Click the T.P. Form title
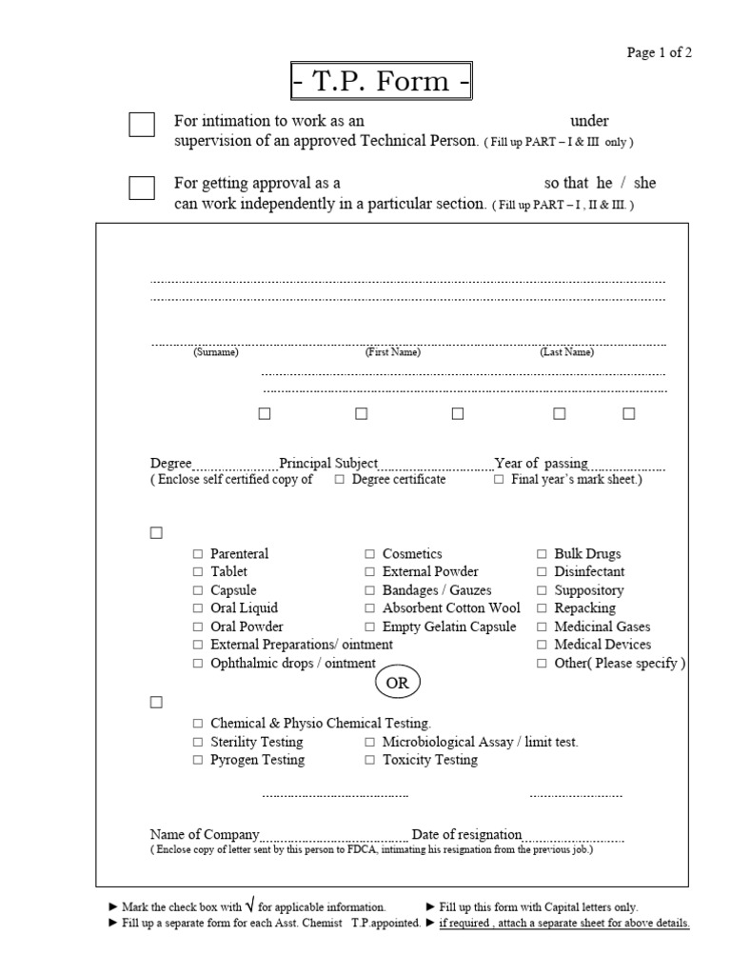(x=381, y=81)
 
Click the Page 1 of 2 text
(x=659, y=52)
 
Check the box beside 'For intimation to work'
(x=142, y=125)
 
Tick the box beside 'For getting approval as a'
(x=142, y=188)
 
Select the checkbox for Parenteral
(x=198, y=554)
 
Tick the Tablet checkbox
(x=198, y=572)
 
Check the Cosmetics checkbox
(x=370, y=554)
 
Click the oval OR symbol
(x=396, y=684)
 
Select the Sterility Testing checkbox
(x=198, y=742)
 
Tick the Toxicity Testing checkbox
(x=370, y=761)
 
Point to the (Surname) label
(x=216, y=352)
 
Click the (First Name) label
(x=393, y=352)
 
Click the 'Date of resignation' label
(x=466, y=835)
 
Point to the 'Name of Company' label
(x=205, y=835)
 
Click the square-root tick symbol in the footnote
(x=249, y=905)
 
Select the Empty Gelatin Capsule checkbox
(x=370, y=627)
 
